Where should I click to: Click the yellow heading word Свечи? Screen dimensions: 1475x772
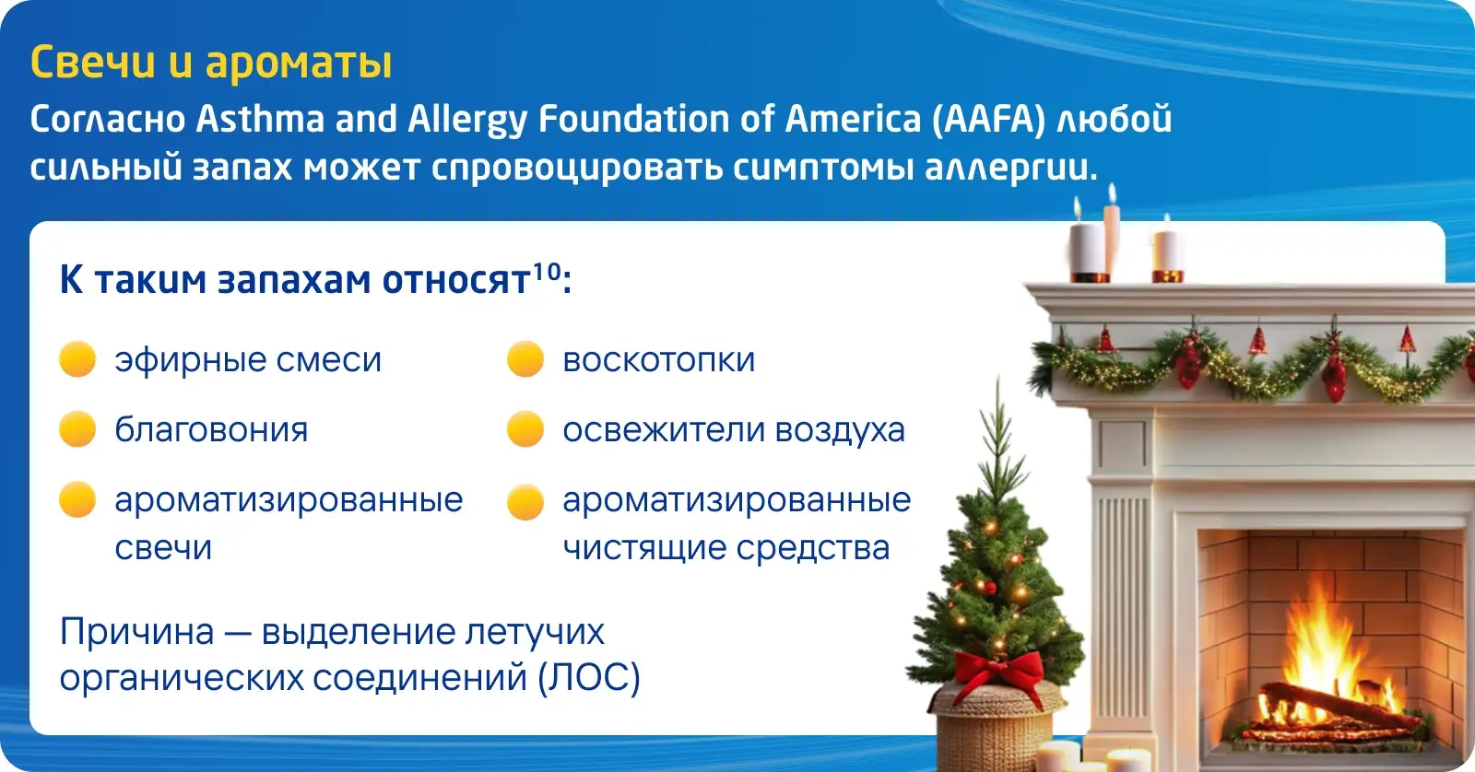[93, 63]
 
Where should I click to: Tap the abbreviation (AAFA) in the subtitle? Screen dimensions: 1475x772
[988, 120]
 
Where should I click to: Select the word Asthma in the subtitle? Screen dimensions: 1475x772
[260, 119]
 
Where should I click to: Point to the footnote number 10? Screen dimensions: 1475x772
[547, 271]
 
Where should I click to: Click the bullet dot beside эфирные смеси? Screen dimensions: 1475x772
[77, 358]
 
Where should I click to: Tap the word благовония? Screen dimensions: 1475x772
[211, 430]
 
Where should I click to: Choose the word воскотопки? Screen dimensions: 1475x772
[658, 360]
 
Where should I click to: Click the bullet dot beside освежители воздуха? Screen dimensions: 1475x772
[525, 429]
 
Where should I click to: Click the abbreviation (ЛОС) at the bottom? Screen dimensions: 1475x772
[589, 678]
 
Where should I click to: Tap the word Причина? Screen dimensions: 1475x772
[137, 632]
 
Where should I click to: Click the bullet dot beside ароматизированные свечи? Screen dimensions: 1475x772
[77, 499]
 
